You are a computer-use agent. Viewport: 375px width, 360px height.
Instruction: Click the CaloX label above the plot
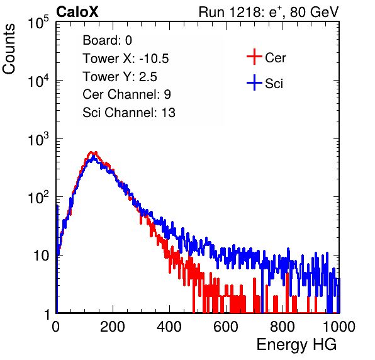[x=77, y=12]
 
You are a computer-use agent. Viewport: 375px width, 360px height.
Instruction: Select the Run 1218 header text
[x=269, y=12]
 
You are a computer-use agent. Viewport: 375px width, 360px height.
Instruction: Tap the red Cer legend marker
[x=254, y=57]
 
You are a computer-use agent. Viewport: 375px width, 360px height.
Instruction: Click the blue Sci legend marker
[x=254, y=82]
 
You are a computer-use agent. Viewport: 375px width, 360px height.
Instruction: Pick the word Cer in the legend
[x=275, y=58]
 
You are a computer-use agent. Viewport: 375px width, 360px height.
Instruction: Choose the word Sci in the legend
[x=274, y=84]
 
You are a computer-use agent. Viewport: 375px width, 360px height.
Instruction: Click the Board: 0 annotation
[x=108, y=40]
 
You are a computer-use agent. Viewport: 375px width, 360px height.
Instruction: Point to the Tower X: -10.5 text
[x=126, y=59]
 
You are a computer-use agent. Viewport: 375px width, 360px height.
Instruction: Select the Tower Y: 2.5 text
[x=120, y=77]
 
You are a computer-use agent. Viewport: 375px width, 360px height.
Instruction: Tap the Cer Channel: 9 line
[x=126, y=94]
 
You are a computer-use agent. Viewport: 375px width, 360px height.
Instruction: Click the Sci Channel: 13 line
[x=129, y=113]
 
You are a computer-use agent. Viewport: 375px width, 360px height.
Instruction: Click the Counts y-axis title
[x=9, y=49]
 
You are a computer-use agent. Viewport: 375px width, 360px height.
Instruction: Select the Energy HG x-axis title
[x=296, y=345]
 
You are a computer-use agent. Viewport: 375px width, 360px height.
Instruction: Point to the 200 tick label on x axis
[x=113, y=327]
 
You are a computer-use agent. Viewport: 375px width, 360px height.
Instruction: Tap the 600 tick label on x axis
[x=226, y=327]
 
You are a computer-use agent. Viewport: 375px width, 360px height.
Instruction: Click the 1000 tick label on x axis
[x=339, y=327]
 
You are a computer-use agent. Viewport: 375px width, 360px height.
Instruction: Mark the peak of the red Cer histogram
[x=91, y=152]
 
